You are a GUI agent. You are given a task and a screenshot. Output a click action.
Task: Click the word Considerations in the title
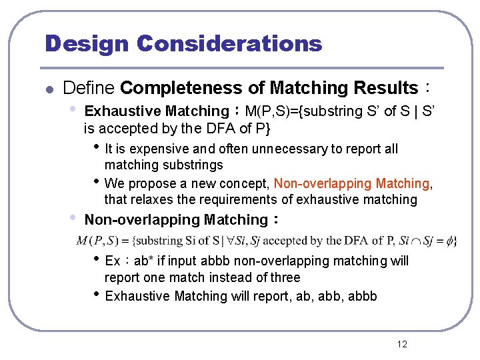tap(229, 43)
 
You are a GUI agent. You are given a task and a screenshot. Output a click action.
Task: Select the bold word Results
tap(385, 87)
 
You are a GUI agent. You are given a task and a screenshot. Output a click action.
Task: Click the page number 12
tap(402, 344)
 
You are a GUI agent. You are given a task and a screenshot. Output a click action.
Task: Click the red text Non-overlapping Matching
tap(352, 183)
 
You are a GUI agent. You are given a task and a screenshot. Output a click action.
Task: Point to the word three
tap(284, 277)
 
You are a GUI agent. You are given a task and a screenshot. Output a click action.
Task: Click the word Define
tap(89, 87)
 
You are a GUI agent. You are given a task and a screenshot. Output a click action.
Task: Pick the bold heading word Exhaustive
tap(123, 111)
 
